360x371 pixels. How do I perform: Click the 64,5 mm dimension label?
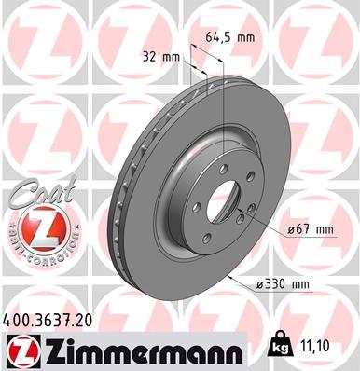pos(229,37)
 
